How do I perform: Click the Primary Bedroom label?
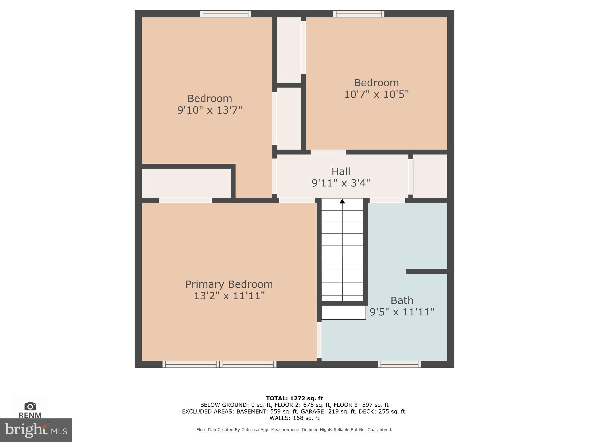229,284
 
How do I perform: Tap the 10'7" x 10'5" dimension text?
376,94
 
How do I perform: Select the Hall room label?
341,172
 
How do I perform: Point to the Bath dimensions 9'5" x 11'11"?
402,312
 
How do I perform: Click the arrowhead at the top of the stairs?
342,201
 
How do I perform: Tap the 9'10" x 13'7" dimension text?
210,110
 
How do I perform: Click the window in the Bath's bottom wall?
399,364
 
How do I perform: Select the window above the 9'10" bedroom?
225,14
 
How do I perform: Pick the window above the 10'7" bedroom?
359,14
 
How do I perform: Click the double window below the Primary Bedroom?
219,364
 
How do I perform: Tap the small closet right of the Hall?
430,176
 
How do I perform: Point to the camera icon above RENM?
30,406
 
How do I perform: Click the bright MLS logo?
36,430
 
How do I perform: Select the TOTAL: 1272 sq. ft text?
294,399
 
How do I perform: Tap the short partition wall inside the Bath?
427,271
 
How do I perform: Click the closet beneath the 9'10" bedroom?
186,183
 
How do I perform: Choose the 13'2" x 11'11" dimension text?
229,296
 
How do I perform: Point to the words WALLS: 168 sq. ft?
294,418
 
